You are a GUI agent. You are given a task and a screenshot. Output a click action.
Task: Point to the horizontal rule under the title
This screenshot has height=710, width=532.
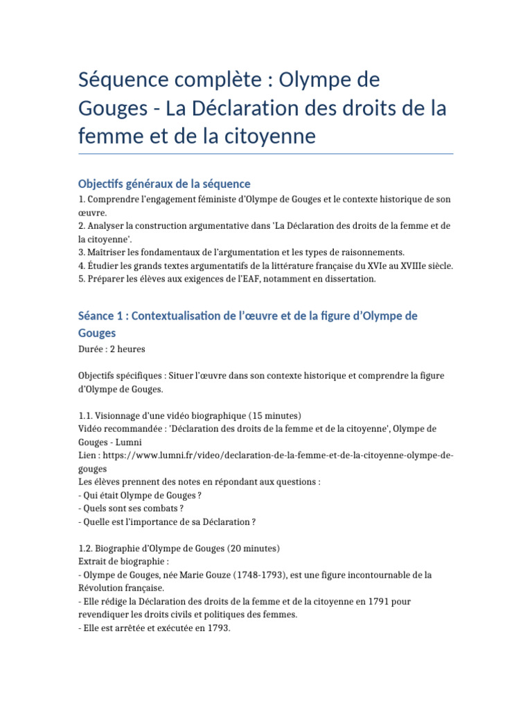point(266,153)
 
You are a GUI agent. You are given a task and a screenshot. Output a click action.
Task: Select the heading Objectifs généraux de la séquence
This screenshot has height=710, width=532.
point(164,184)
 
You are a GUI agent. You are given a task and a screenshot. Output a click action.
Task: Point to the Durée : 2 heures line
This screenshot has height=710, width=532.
point(112,349)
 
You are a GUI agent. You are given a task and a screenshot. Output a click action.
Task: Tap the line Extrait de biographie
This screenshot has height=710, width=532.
point(123,562)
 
